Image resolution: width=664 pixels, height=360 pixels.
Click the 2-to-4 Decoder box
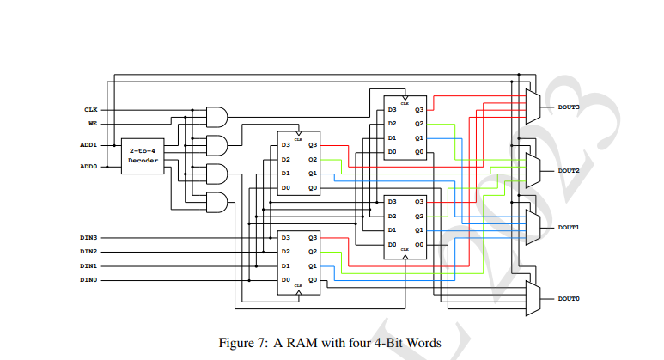point(143,156)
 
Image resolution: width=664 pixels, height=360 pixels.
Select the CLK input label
point(90,110)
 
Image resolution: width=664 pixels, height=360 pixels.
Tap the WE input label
point(92,123)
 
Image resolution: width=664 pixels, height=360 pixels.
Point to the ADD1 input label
point(88,145)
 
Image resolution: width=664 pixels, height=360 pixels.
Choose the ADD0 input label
point(88,166)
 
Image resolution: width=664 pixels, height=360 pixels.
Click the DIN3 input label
point(88,237)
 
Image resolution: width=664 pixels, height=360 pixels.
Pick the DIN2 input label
point(88,251)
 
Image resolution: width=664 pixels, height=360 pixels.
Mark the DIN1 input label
point(88,265)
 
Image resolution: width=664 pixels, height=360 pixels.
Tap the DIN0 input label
point(88,279)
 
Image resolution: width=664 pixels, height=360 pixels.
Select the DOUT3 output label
point(569,107)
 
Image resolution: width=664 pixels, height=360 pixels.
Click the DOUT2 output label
point(569,171)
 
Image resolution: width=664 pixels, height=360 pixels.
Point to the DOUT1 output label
point(569,227)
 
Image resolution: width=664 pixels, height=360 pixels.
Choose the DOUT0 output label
point(569,298)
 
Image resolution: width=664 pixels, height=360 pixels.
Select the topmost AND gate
point(218,117)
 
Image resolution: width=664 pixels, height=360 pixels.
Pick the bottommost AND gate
point(218,202)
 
